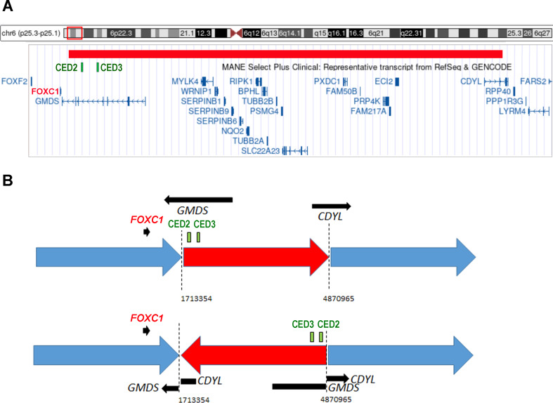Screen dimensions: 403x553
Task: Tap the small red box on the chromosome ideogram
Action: tap(74, 32)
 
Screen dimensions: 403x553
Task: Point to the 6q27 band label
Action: tap(542, 32)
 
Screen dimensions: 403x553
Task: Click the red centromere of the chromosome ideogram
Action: tap(238, 32)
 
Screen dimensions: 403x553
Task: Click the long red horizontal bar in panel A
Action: tap(285, 54)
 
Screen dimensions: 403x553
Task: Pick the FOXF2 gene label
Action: tap(14, 81)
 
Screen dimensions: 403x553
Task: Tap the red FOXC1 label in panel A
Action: tap(45, 91)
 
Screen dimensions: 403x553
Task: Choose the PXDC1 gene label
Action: tap(327, 81)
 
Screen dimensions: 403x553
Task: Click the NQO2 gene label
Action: tap(231, 131)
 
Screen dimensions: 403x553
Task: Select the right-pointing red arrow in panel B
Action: tap(256, 256)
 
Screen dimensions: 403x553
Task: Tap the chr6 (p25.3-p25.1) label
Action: tap(33, 32)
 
